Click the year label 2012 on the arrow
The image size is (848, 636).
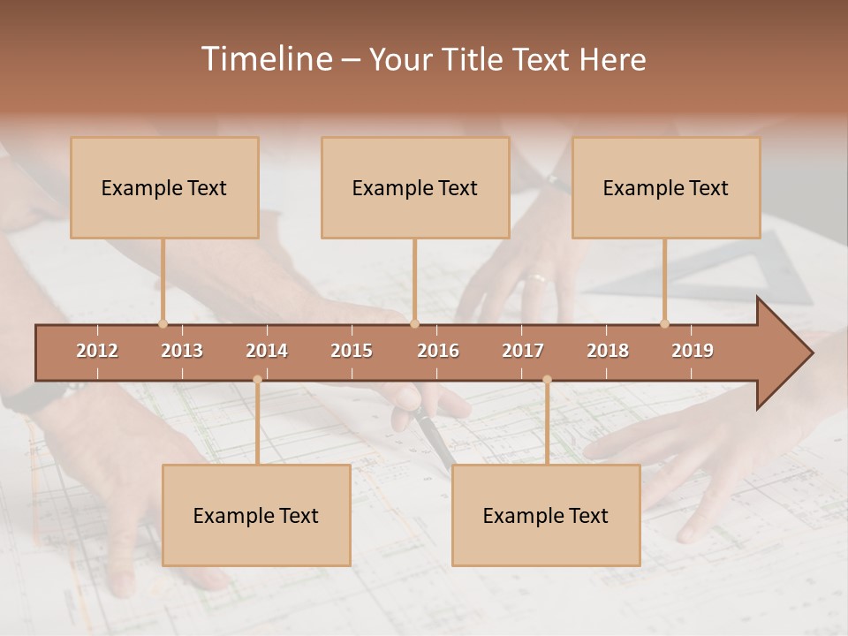[97, 351]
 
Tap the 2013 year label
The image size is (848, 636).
[182, 351]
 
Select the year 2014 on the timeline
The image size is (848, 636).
[267, 351]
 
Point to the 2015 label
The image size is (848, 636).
[352, 351]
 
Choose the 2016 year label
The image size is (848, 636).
[438, 351]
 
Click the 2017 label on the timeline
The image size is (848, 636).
[523, 351]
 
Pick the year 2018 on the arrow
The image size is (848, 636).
[608, 351]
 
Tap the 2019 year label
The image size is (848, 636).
[693, 351]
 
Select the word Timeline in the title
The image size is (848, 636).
[265, 59]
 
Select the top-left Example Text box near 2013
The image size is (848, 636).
[164, 187]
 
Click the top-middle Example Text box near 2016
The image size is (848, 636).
[415, 187]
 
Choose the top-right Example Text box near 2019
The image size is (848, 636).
[666, 187]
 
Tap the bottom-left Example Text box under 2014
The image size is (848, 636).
[256, 515]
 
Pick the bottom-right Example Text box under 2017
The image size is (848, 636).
[546, 515]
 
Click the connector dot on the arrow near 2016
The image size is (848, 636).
[415, 323]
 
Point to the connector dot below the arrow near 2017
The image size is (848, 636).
[547, 380]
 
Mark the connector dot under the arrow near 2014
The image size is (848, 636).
[257, 380]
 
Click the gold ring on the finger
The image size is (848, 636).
[537, 278]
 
